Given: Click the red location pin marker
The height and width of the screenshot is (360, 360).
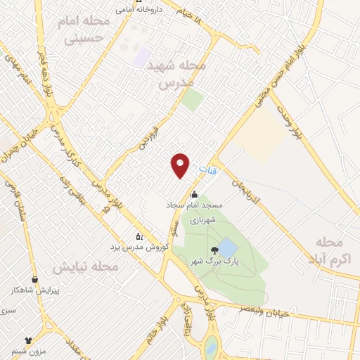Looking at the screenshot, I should point(181,165).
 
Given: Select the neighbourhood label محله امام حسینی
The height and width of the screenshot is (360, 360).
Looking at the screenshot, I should point(87,30).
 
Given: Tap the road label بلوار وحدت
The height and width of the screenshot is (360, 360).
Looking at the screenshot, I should point(292,122).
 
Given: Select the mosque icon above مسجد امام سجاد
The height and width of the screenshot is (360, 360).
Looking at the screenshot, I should point(195,195).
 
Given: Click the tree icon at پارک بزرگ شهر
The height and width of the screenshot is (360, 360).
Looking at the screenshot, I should point(213,250).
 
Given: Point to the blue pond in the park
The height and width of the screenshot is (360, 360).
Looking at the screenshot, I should point(226,247).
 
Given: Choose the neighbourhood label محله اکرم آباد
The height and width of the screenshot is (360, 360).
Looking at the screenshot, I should point(330,250).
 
